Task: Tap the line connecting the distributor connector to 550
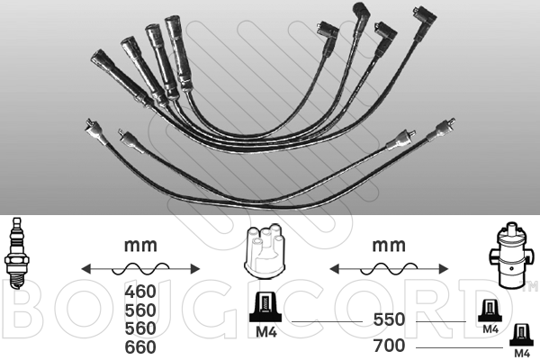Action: pos(324,321)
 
